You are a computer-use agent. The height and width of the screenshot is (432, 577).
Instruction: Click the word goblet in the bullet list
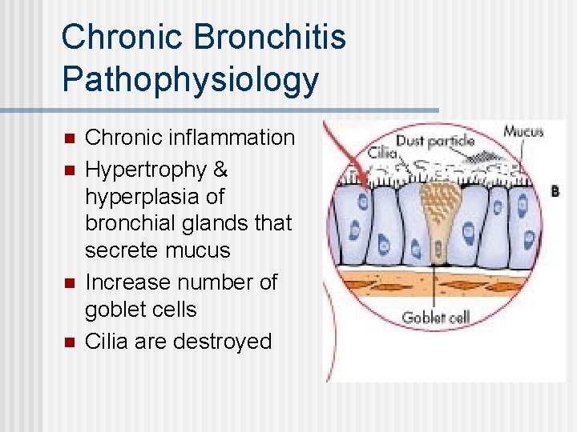coord(117,310)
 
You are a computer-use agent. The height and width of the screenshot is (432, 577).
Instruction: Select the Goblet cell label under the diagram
coord(434,318)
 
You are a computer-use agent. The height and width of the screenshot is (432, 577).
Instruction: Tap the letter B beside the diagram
coord(555,191)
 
